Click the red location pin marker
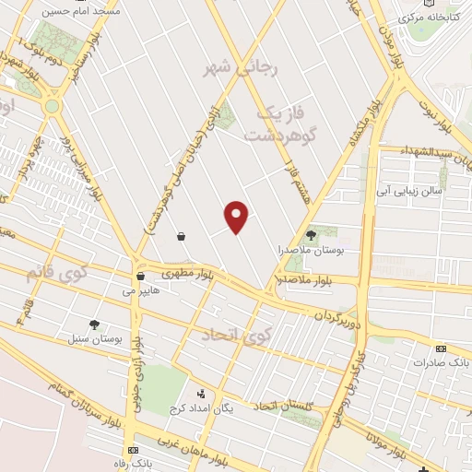[237, 217]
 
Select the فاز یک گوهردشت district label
[276, 124]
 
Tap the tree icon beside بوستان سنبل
[94, 324]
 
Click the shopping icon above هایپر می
[140, 276]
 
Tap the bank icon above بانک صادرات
[441, 348]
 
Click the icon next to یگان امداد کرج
[201, 394]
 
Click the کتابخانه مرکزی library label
[426, 18]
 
